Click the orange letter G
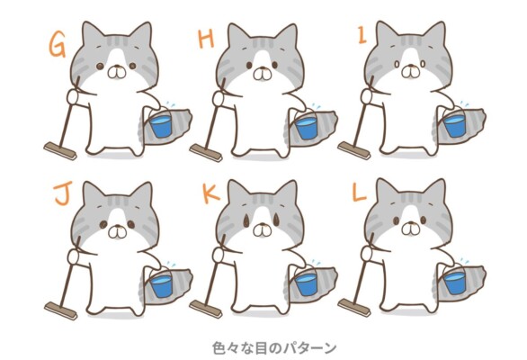pyautogui.click(x=58, y=45)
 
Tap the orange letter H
pyautogui.click(x=206, y=39)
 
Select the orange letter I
pyautogui.click(x=362, y=36)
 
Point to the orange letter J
pyautogui.click(x=64, y=193)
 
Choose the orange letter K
pyautogui.click(x=210, y=193)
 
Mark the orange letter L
pyautogui.click(x=359, y=193)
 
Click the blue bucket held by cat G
pyautogui.click(x=160, y=125)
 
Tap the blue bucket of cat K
pyautogui.click(x=306, y=284)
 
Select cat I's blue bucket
pyautogui.click(x=455, y=125)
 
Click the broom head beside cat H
pyautogui.click(x=205, y=153)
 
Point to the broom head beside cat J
pyautogui.click(x=60, y=310)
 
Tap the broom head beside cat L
pyautogui.click(x=354, y=307)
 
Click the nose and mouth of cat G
pyautogui.click(x=117, y=72)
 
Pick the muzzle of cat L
pyautogui.click(x=411, y=229)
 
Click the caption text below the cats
pyautogui.click(x=274, y=348)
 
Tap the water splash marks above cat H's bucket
pyautogui.click(x=316, y=105)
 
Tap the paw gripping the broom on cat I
pyautogui.click(x=367, y=96)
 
